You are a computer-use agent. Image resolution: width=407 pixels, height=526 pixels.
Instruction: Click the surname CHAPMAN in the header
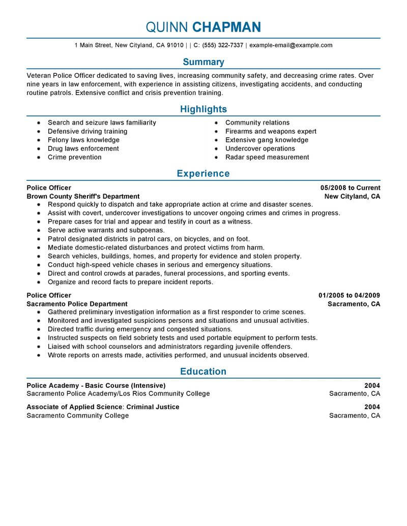point(227,27)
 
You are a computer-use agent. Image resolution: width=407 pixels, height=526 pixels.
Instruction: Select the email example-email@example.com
point(290,45)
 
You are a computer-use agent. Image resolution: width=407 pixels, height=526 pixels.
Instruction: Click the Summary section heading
point(203,62)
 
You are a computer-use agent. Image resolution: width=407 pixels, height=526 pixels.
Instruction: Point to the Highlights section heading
point(203,109)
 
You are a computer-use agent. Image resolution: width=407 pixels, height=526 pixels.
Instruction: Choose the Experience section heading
point(203,174)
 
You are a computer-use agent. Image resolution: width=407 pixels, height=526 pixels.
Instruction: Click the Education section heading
point(203,372)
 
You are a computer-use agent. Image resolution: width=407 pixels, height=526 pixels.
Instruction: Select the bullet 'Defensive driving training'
point(88,131)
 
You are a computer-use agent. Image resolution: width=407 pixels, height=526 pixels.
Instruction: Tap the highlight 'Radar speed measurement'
point(267,157)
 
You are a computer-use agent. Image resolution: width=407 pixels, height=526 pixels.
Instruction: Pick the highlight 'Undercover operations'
point(259,148)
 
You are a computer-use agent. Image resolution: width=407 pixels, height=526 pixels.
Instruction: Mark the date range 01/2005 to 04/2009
point(349,295)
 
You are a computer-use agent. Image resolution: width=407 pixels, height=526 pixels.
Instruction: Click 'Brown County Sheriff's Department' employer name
point(83,196)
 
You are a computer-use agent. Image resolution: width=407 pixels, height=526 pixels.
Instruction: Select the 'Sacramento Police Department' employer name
point(77,304)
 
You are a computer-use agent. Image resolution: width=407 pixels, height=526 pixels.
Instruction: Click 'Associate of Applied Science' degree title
point(74,407)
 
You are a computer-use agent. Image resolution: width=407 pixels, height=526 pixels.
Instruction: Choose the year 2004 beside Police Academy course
point(372,385)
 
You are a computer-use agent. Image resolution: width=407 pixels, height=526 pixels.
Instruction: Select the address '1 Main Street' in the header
point(93,45)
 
